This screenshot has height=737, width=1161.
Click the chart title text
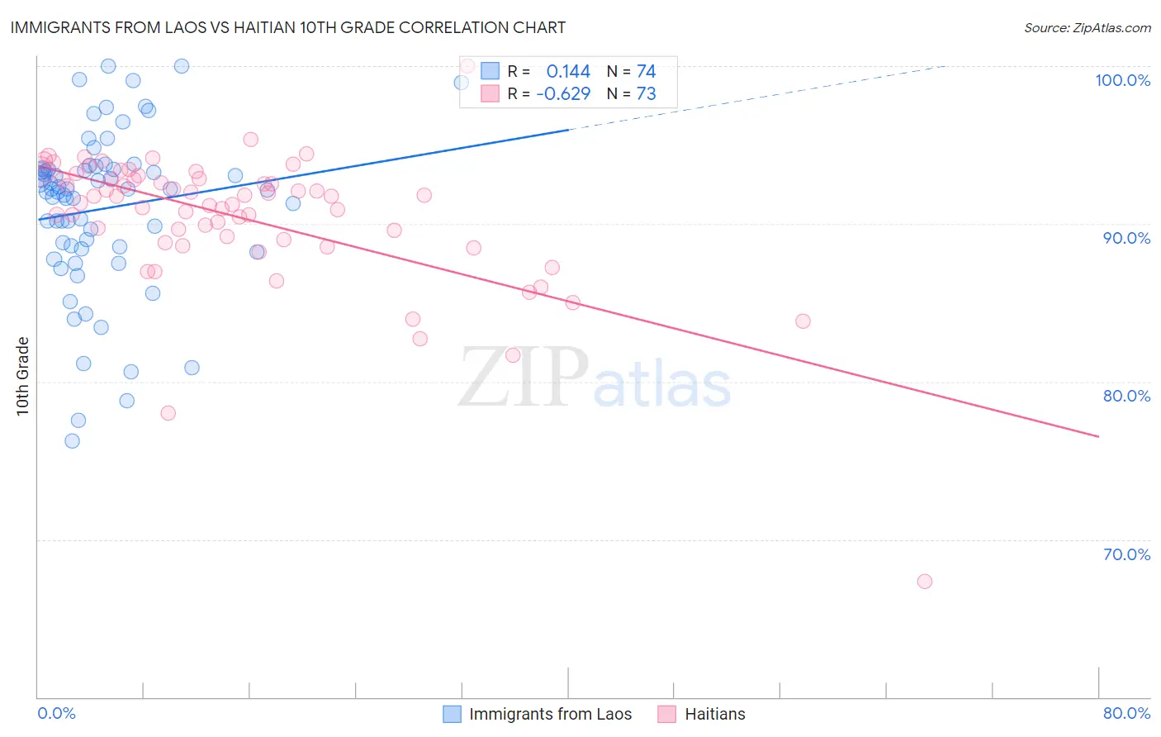288,27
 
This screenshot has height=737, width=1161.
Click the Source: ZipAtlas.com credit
1087,27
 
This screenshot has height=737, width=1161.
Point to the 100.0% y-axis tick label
1122,80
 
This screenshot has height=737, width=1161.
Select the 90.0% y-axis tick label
1126,238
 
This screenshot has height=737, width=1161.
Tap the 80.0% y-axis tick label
1126,396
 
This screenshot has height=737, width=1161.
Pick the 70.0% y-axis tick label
1126,554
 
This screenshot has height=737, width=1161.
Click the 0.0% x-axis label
56,713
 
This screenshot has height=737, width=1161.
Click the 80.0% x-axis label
1126,713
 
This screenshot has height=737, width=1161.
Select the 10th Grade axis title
23,376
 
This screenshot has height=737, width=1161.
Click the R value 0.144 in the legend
568,72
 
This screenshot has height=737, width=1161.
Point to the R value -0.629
563,94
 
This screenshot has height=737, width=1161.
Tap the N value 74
646,72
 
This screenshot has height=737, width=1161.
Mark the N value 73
646,94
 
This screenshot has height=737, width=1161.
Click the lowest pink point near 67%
925,582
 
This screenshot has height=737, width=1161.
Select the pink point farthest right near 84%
803,321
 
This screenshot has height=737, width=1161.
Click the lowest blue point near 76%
73,441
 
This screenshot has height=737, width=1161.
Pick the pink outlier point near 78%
168,413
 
